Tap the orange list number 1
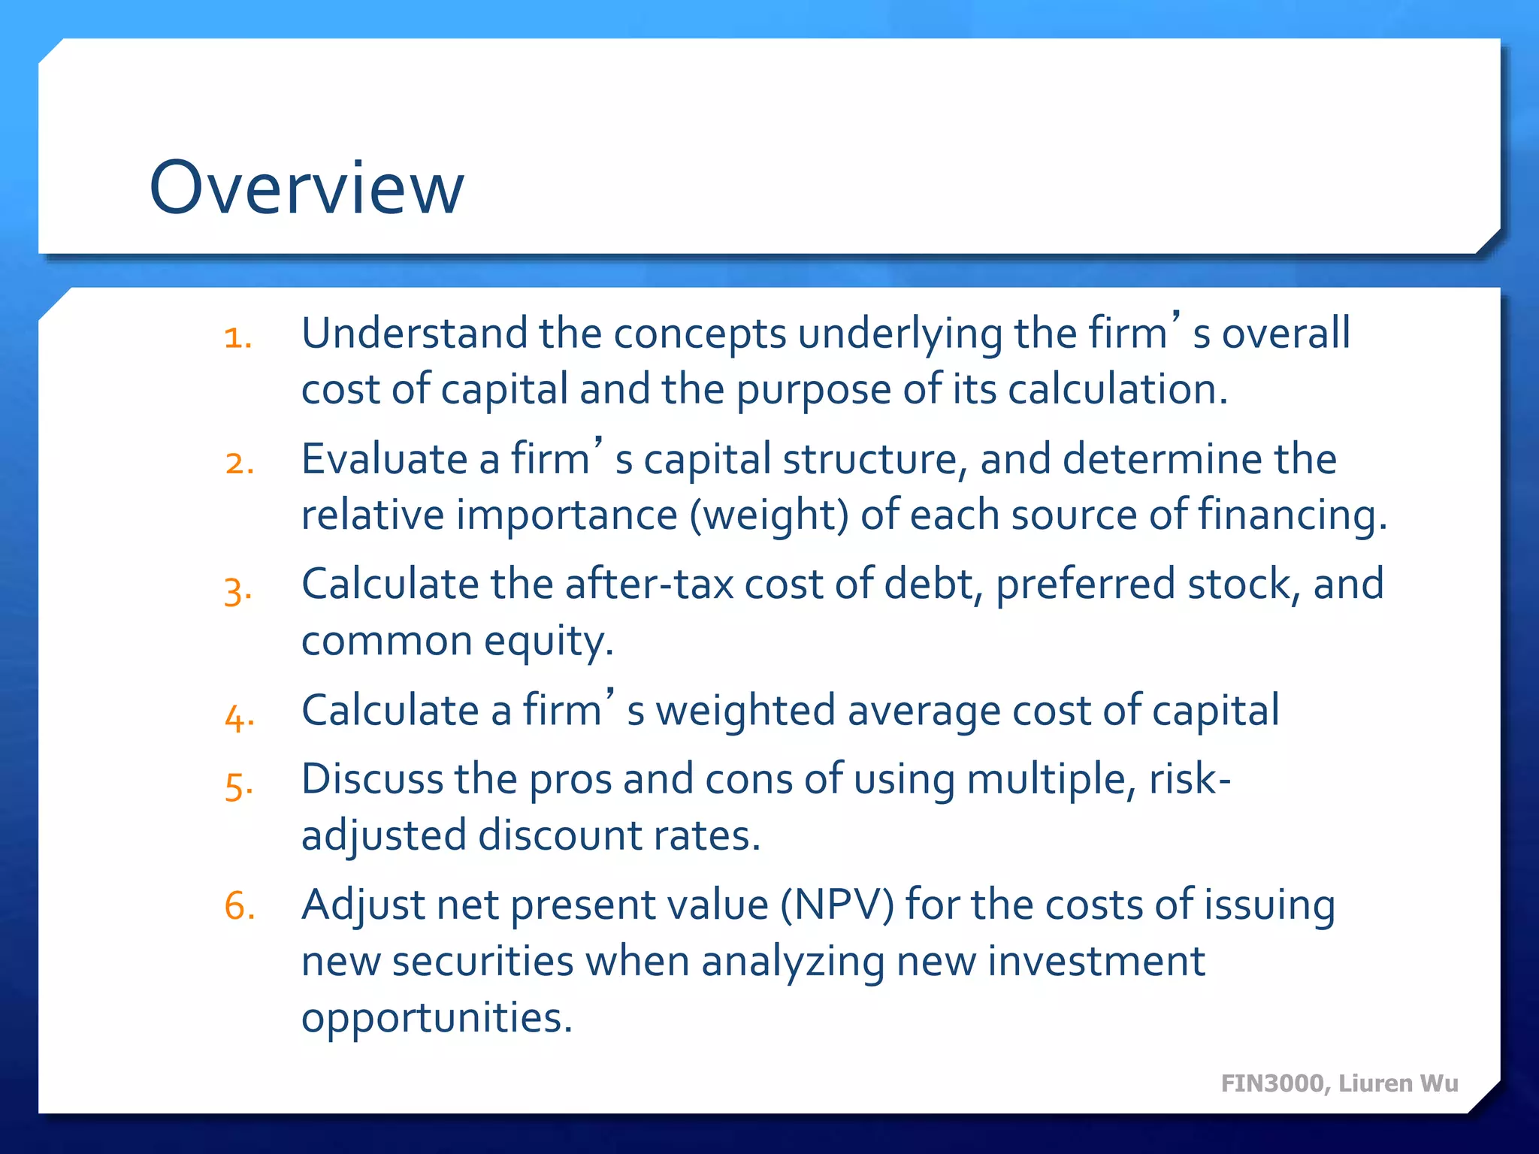point(237,337)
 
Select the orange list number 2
point(239,463)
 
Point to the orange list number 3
point(237,591)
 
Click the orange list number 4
point(239,717)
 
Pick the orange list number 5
point(238,787)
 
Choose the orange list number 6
point(239,905)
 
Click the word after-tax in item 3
point(649,584)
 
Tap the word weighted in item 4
point(745,711)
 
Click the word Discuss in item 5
point(372,779)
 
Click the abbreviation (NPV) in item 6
point(836,905)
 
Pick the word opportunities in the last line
point(437,1019)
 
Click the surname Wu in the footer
point(1439,1083)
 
